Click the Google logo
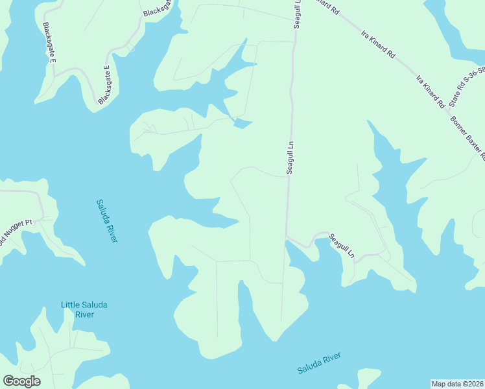click(21, 381)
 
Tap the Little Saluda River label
click(77, 309)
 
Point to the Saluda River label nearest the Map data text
click(319, 363)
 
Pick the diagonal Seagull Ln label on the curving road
click(342, 246)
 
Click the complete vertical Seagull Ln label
click(290, 156)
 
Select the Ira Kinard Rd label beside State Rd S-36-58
click(431, 91)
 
